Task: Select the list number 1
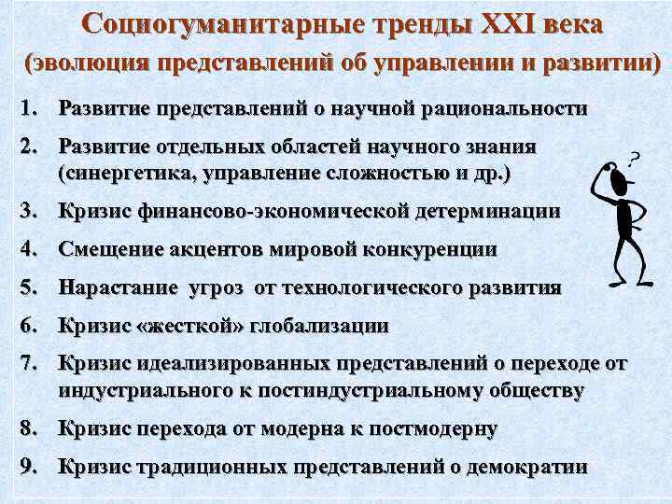[x=27, y=108]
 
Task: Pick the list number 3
[x=27, y=212]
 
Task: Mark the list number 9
[x=27, y=468]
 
